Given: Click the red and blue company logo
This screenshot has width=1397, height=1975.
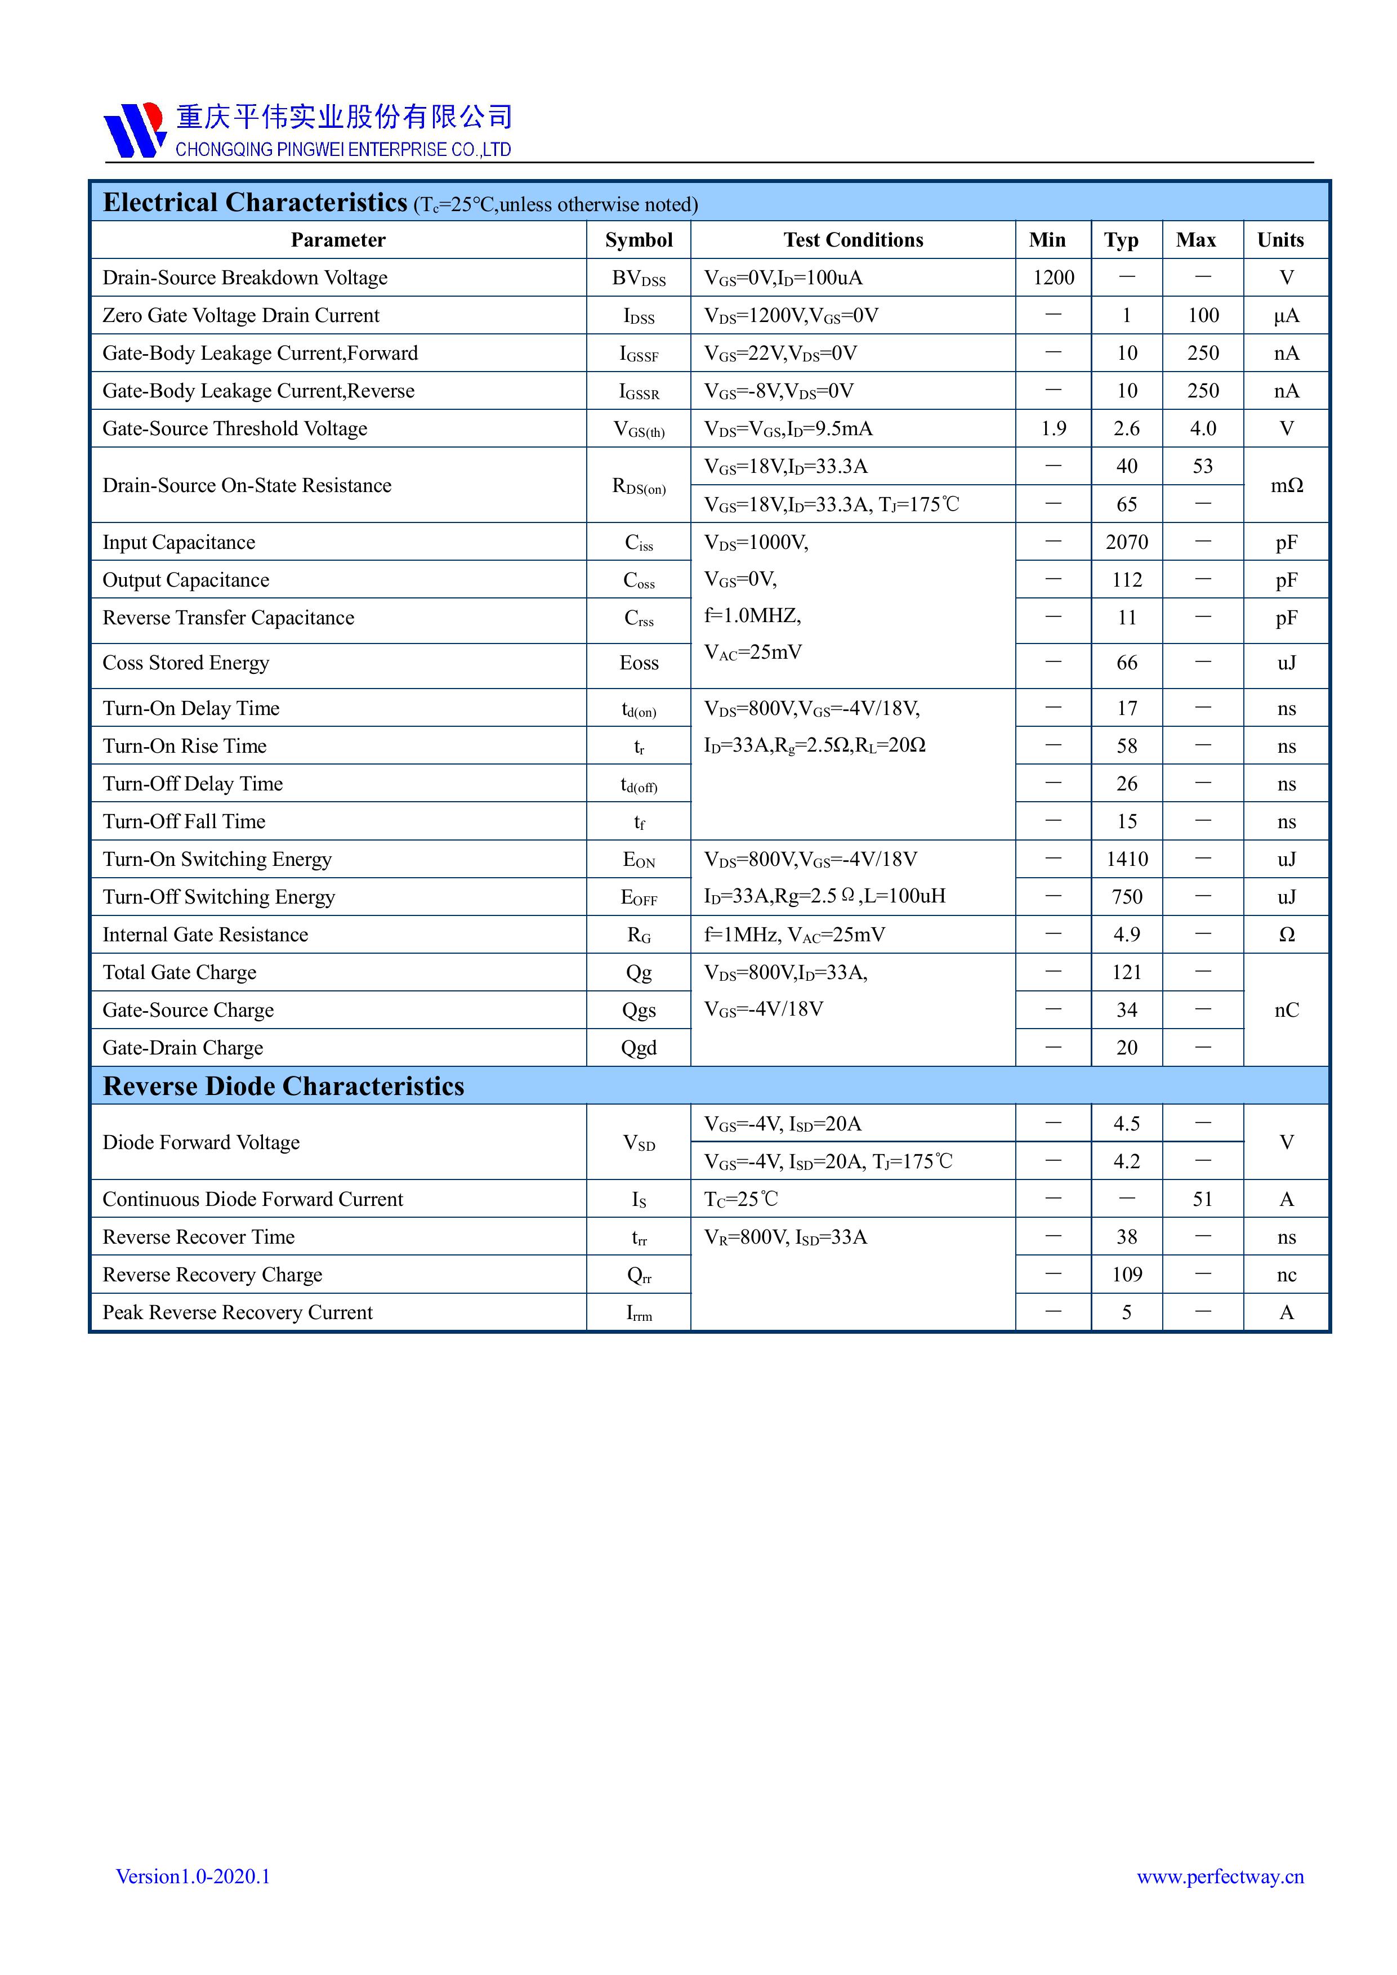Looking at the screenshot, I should point(134,130).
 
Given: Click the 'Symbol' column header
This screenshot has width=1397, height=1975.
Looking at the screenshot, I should point(639,240).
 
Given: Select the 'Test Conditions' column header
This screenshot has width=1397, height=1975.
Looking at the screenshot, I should point(853,240).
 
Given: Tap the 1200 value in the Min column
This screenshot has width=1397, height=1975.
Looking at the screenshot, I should point(1053,278).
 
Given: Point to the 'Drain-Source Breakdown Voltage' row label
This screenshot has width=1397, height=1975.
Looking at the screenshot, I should point(245,278).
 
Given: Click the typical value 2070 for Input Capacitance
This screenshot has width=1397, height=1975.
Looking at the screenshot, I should point(1126,542).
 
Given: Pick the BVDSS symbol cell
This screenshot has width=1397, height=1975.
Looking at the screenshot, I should point(639,279).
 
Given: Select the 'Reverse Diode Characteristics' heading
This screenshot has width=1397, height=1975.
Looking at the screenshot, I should point(283,1087).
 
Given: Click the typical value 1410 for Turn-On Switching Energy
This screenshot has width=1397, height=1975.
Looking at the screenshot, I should point(1126,859).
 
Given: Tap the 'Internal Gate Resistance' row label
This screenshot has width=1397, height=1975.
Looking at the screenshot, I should point(205,935).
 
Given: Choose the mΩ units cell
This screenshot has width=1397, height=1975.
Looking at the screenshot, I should point(1286,485).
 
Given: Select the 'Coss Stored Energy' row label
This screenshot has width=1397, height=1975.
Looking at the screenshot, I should point(186,663).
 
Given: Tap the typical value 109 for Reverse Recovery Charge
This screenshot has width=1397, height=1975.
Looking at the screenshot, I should point(1126,1275).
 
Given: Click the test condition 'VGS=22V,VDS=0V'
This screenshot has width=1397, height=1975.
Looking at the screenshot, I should point(780,354).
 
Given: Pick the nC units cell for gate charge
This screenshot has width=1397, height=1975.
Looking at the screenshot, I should point(1286,1010).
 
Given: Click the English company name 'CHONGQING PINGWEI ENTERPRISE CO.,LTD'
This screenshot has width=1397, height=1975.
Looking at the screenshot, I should point(343,150).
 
